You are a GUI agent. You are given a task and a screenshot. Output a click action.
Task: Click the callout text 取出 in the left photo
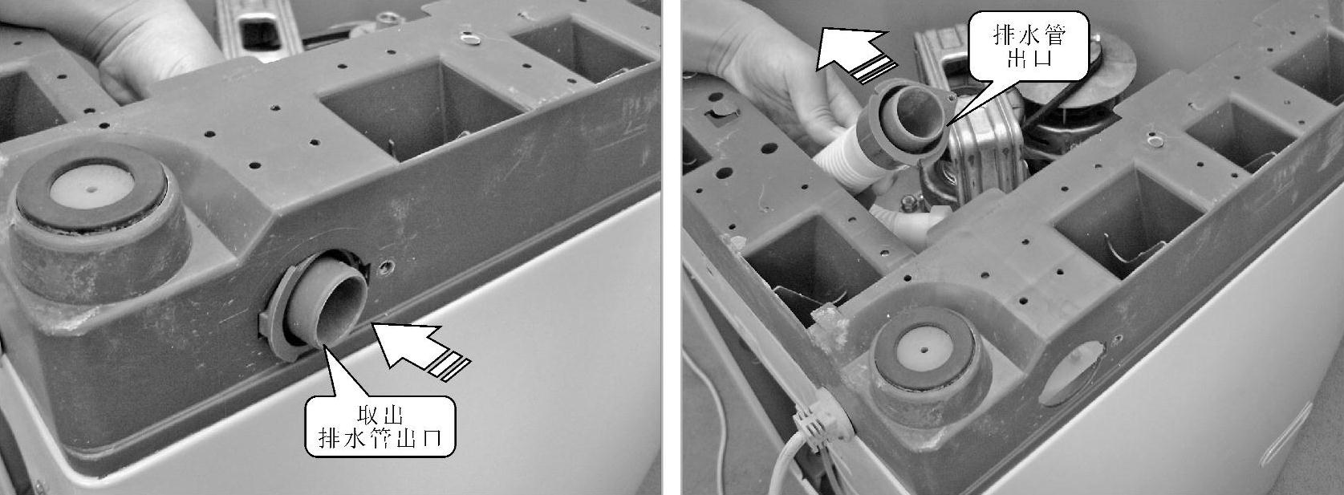pyautogui.click(x=380, y=416)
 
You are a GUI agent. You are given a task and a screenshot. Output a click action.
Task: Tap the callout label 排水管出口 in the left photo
pyautogui.click(x=380, y=439)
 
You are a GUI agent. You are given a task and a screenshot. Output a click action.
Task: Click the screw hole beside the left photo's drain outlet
pyautogui.click(x=387, y=265)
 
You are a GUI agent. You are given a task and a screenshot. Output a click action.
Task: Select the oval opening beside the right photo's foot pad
pyautogui.click(x=1071, y=373)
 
